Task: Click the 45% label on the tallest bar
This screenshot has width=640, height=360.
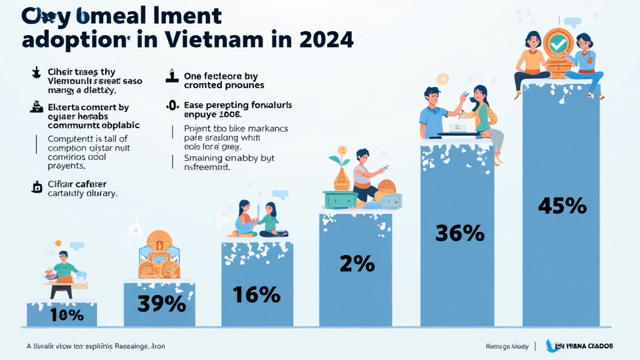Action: [562, 206]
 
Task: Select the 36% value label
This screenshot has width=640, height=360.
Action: [459, 233]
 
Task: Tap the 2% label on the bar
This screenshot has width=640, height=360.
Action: [357, 264]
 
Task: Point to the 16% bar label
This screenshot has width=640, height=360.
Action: [256, 294]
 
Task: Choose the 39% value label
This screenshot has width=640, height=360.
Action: [162, 303]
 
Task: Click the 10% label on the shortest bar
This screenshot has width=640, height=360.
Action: [62, 314]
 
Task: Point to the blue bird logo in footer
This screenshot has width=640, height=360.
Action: [553, 346]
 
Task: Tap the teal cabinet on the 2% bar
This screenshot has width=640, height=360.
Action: [340, 199]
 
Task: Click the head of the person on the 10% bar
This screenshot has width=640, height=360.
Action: [62, 257]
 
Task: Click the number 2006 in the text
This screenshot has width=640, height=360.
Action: [228, 115]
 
